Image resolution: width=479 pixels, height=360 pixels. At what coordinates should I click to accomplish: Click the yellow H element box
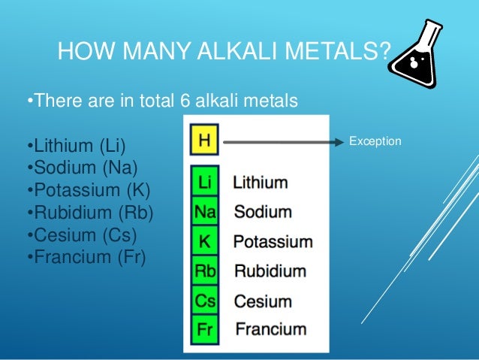coord(203,141)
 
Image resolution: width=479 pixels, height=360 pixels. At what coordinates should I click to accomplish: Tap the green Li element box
coord(203,183)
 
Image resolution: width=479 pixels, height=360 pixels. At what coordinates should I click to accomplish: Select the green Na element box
coord(204,212)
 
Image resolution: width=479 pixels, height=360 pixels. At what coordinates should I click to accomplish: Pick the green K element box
coord(204,242)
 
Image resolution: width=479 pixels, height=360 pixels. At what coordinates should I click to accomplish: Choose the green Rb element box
coord(204,271)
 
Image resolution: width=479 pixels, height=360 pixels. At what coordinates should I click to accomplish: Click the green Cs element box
coord(204,301)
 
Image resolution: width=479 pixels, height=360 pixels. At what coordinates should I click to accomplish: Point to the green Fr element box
coord(204,329)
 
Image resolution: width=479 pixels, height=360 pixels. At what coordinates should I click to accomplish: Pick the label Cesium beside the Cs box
coord(263,301)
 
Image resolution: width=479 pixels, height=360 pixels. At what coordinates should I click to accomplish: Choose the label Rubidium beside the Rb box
coord(271,271)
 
